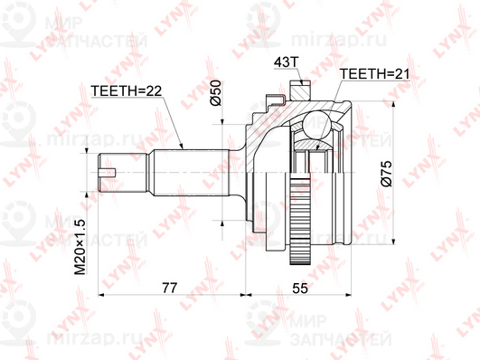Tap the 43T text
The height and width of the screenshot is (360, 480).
[x=285, y=64]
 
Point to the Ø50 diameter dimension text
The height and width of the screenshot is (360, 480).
[x=215, y=94]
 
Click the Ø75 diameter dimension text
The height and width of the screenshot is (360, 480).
[x=386, y=173]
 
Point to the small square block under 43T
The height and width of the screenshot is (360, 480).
[x=298, y=90]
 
